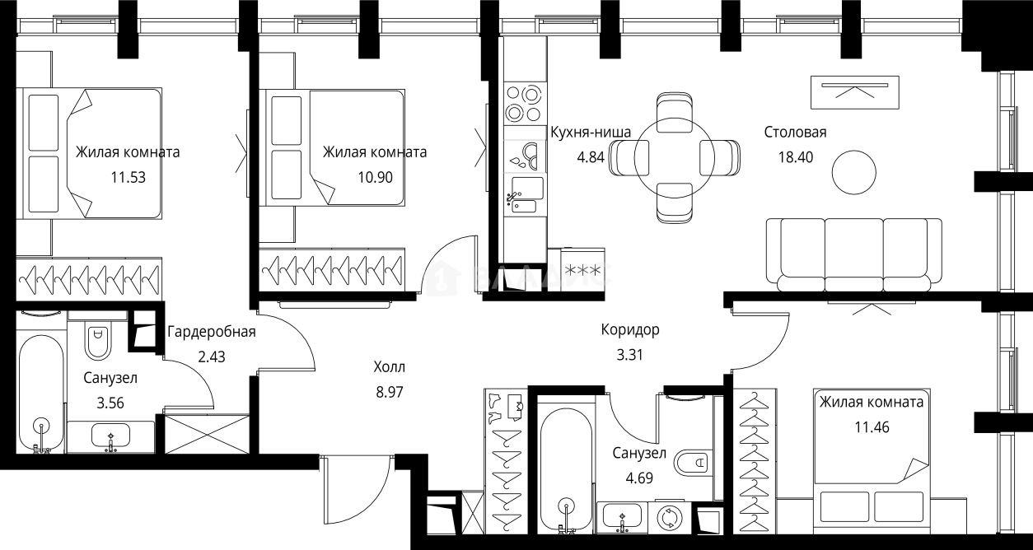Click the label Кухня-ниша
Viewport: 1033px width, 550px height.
[590, 132]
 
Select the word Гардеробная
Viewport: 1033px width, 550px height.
[212, 333]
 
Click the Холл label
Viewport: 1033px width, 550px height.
[390, 368]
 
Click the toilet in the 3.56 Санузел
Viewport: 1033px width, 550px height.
[97, 340]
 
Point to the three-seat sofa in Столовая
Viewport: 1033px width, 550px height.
[853, 254]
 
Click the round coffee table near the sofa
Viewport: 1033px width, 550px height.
[854, 172]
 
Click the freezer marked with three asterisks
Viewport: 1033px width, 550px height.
[582, 268]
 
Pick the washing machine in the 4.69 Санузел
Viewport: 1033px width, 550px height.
[668, 517]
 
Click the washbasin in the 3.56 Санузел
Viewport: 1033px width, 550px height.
[110, 436]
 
